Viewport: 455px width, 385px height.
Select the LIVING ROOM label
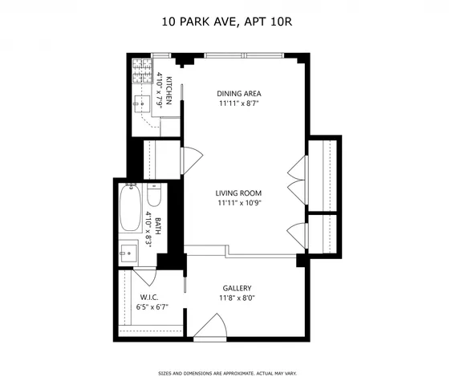click(239, 192)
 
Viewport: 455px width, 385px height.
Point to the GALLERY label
click(238, 288)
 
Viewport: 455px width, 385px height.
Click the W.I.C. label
click(148, 296)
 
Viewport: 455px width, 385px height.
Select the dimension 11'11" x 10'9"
click(239, 203)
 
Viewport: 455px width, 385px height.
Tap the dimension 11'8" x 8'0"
click(238, 298)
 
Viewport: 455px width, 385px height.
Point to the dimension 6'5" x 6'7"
click(148, 306)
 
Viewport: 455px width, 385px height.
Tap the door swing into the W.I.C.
click(144, 276)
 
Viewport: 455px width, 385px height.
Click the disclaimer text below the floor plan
click(227, 373)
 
